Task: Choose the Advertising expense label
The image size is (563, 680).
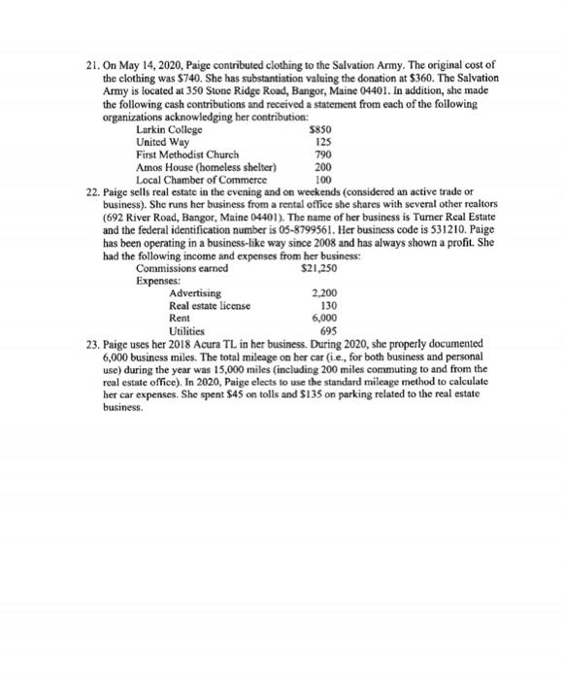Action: coord(195,292)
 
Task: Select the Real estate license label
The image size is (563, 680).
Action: coord(209,305)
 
